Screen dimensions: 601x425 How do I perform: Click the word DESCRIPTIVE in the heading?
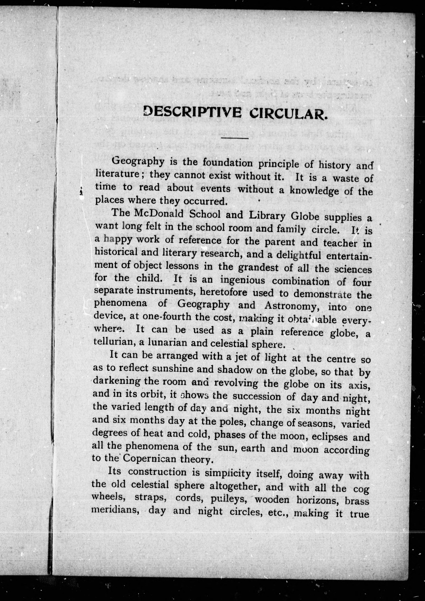click(192, 112)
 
